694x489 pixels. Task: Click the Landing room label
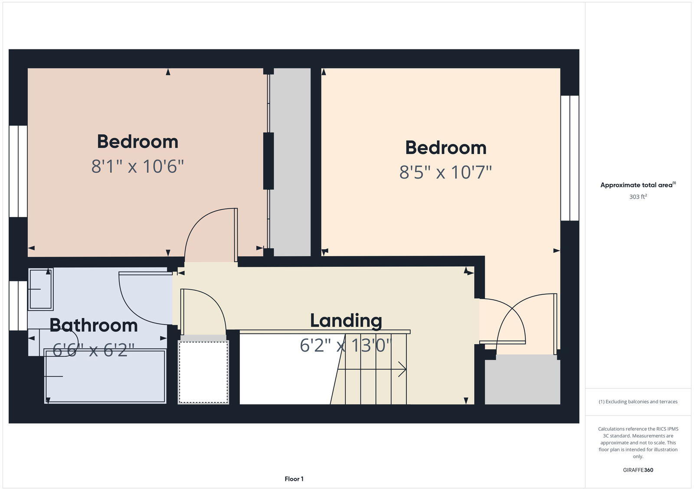pos(346,321)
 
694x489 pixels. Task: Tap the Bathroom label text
pos(93,325)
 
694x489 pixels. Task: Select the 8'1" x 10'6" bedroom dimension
pos(137,166)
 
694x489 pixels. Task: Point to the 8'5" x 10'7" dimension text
pos(445,172)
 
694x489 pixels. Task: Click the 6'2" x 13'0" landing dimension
pos(346,346)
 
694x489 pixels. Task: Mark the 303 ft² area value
pos(638,197)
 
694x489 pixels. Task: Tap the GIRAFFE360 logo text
pos(638,470)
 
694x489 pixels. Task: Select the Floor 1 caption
pos(294,479)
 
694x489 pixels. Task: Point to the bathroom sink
pos(41,289)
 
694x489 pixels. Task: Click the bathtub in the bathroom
pos(105,376)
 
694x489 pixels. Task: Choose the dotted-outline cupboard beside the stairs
pos(203,372)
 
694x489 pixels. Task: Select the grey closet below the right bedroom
pos(522,380)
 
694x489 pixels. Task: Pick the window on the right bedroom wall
pos(570,158)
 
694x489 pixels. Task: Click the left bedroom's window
pos(18,171)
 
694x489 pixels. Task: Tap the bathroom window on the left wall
pos(18,306)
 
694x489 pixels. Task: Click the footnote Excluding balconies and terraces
pos(638,402)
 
